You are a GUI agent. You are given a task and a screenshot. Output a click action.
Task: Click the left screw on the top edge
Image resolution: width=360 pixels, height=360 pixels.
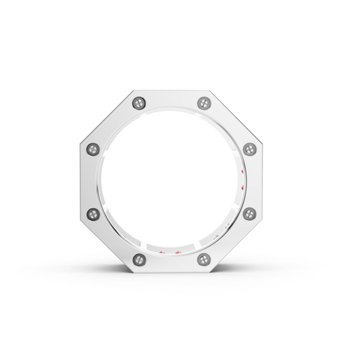(x=140, y=103)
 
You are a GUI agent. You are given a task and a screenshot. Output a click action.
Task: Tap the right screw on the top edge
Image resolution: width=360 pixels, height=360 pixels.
(x=204, y=103)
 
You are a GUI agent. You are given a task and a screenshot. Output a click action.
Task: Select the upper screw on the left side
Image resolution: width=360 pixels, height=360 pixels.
(x=93, y=149)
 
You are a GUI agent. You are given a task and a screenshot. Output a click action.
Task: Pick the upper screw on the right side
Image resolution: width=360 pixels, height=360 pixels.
(x=250, y=149)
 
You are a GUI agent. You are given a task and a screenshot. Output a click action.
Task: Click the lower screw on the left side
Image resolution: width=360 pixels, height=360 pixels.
(x=93, y=214)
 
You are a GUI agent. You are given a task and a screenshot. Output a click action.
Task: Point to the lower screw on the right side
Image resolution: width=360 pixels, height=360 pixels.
(x=250, y=214)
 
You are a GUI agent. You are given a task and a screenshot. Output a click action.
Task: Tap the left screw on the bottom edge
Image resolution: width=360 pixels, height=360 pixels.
(x=140, y=259)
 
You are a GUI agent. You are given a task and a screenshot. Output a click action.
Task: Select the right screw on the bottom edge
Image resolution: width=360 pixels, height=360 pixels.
(x=204, y=259)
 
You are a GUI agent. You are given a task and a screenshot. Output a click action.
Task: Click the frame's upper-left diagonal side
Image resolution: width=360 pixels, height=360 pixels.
(x=111, y=122)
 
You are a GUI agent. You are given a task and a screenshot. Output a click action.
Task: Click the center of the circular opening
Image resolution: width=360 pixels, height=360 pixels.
(x=172, y=181)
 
